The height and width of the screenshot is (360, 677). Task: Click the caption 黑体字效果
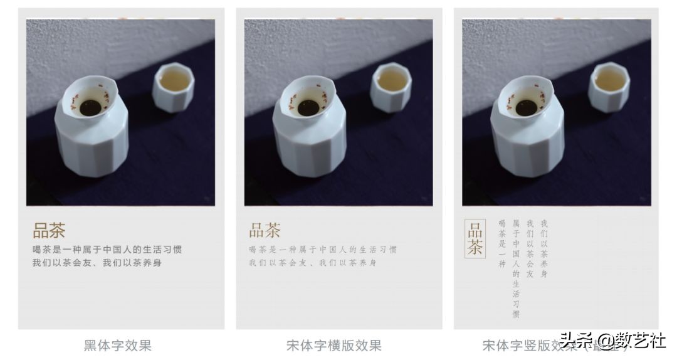click(x=118, y=345)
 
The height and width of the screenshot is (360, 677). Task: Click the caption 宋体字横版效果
click(x=334, y=345)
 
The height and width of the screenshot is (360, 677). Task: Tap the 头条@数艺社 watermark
click(x=612, y=342)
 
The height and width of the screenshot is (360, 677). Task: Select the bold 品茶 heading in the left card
click(x=49, y=231)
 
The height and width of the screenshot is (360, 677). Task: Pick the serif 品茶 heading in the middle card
click(x=265, y=230)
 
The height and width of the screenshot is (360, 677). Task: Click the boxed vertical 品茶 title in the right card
click(x=475, y=238)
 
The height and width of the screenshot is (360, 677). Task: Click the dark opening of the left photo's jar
click(x=91, y=107)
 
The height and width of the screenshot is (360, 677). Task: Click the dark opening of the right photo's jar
click(x=527, y=107)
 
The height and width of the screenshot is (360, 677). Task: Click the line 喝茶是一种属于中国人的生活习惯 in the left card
click(x=107, y=250)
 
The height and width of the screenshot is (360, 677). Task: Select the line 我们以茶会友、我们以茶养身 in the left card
click(x=97, y=263)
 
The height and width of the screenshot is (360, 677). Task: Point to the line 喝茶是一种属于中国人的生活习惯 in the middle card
click(x=323, y=250)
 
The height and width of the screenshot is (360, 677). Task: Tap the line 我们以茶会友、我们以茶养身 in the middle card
click(x=313, y=263)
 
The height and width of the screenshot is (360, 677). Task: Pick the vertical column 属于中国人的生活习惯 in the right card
click(x=516, y=268)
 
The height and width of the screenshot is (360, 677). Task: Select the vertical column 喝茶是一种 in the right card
click(x=501, y=243)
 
